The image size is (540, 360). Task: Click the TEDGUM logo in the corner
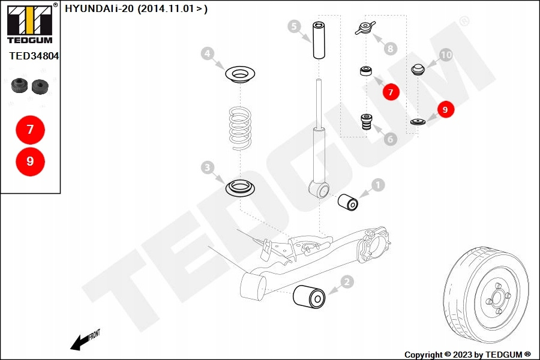coord(29,24)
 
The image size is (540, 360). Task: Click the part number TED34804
coord(34,56)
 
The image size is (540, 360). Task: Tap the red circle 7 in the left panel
coord(30,129)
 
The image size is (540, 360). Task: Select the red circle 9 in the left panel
coord(30,161)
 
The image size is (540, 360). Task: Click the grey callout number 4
coord(207,54)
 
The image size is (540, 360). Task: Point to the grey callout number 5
coord(293,26)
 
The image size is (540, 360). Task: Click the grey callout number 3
coord(207,167)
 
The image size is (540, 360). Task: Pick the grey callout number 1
coord(378,185)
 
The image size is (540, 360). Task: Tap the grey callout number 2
coord(346,281)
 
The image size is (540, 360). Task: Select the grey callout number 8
coord(391,47)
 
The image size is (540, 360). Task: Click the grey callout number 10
coord(446,55)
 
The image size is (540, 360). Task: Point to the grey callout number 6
coord(391,139)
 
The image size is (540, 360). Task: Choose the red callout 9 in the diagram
coord(445,109)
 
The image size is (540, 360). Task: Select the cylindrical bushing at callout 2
coord(309,298)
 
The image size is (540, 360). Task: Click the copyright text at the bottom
coord(467,355)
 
